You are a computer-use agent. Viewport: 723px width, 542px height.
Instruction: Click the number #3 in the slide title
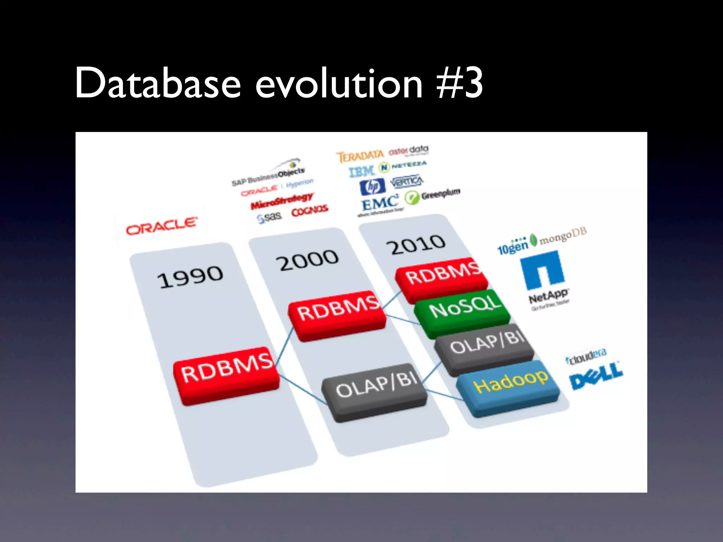pos(460,84)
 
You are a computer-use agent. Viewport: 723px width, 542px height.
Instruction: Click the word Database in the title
pos(158,84)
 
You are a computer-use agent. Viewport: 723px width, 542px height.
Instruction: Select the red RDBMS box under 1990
pos(226,375)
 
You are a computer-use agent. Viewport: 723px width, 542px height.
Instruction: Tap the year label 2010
pos(416,244)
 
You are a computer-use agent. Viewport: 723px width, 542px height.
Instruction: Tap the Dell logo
pos(596,377)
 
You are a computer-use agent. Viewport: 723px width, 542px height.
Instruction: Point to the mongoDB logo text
pos(563,236)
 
